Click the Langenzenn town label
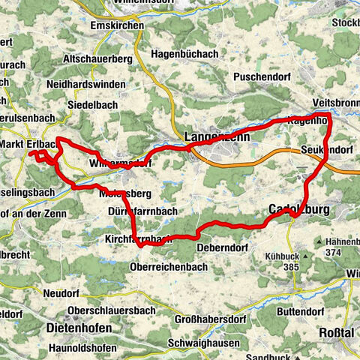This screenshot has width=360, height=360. point(214,136)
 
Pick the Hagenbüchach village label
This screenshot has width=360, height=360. point(184,54)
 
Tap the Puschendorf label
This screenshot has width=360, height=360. point(255,76)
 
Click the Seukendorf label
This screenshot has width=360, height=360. point(326,149)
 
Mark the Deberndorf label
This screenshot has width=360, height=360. point(223,247)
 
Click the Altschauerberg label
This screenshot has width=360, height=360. point(97,58)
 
